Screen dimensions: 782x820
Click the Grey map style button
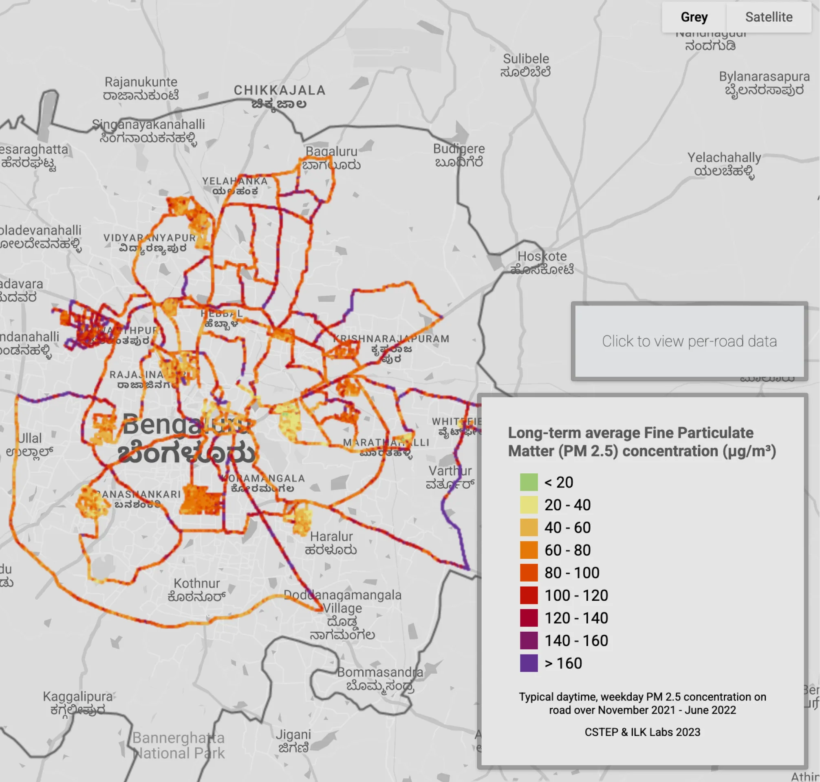[x=694, y=17]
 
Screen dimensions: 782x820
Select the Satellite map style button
[x=768, y=17]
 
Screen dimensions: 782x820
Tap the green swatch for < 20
[x=529, y=482]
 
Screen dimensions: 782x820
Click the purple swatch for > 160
[x=529, y=663]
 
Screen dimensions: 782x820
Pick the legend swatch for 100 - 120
[x=529, y=595]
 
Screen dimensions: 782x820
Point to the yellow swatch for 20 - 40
[x=529, y=504]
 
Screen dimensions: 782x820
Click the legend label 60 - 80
[x=567, y=550]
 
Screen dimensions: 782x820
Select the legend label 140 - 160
[x=576, y=640]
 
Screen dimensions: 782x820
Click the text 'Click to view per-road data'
[x=689, y=341]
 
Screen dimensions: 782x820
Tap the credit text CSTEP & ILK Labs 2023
[x=642, y=732]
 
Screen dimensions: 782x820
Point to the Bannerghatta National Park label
[x=179, y=745]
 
